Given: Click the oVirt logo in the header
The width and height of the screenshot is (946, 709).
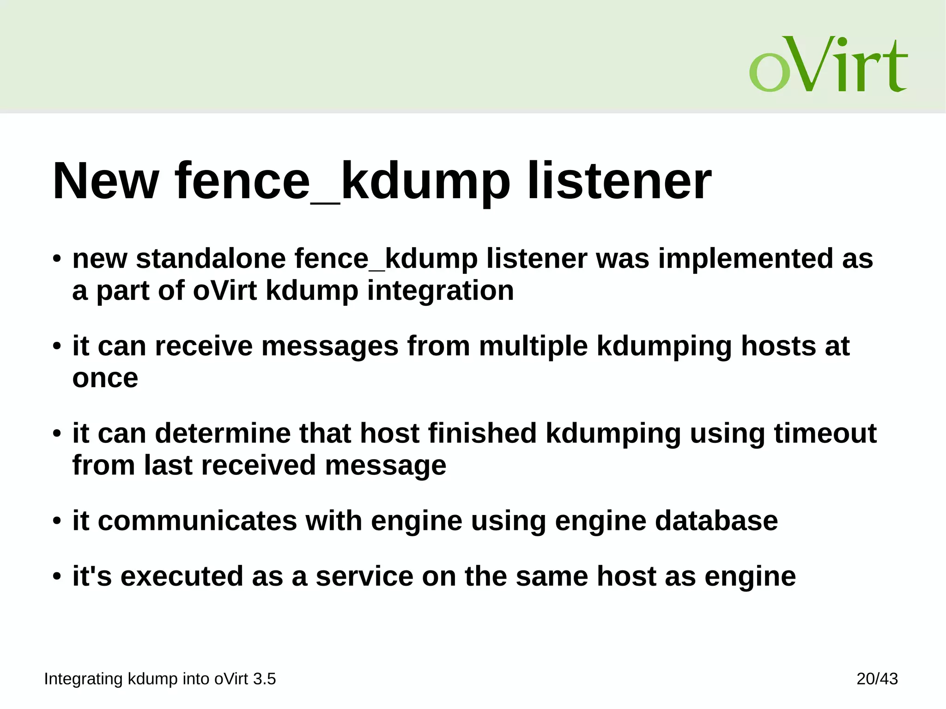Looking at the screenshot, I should click(x=828, y=65).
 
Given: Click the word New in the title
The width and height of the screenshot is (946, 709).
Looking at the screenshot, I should click(x=106, y=181).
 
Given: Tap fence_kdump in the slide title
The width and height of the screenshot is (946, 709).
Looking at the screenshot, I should click(x=342, y=181).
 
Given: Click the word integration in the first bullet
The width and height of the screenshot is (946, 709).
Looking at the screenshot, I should click(x=440, y=291).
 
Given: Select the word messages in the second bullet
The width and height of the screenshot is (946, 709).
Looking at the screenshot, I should click(x=330, y=346).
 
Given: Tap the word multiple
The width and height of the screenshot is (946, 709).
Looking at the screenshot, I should click(x=533, y=346).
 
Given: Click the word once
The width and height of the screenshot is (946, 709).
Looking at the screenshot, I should click(x=105, y=378).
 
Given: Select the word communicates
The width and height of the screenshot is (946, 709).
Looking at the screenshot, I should click(x=197, y=521).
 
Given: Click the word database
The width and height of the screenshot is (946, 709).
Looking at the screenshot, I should click(x=716, y=521).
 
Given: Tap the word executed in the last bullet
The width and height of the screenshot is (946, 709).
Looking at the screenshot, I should click(x=182, y=576).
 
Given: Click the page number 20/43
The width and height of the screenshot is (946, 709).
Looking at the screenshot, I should click(x=877, y=679).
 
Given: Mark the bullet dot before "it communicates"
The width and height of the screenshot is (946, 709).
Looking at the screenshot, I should click(x=57, y=521).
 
